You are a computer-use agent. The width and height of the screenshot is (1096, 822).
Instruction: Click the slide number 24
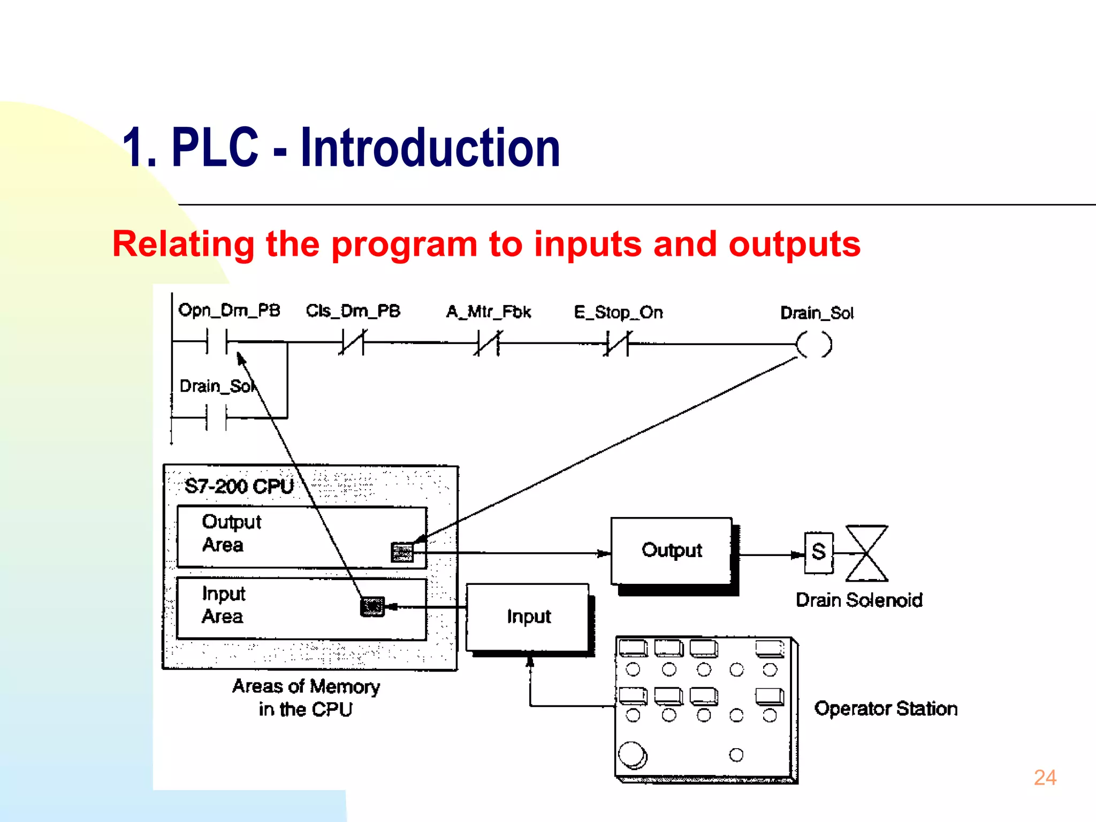1045,778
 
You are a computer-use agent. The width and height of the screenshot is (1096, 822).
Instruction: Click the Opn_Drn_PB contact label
229,310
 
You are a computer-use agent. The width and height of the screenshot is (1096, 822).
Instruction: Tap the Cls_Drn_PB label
353,311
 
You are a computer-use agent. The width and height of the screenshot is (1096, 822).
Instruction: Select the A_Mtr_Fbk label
489,312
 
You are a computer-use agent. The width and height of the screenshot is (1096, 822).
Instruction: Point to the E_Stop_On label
618,313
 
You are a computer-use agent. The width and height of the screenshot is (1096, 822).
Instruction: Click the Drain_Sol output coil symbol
815,344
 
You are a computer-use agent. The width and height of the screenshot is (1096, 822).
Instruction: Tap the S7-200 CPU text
239,486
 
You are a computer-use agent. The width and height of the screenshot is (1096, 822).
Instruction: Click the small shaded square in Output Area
402,552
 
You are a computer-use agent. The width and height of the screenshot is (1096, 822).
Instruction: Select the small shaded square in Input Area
372,607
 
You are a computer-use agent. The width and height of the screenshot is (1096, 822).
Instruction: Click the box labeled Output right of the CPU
672,551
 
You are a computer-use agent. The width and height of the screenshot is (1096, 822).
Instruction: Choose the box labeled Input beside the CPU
528,617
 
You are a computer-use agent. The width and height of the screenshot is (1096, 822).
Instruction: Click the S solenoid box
819,553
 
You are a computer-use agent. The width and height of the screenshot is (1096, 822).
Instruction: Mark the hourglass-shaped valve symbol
866,553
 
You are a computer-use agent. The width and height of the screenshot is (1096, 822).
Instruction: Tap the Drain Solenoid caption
859,600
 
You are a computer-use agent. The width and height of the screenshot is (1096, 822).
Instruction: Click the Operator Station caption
886,709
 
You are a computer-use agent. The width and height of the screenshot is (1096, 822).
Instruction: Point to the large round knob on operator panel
632,755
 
